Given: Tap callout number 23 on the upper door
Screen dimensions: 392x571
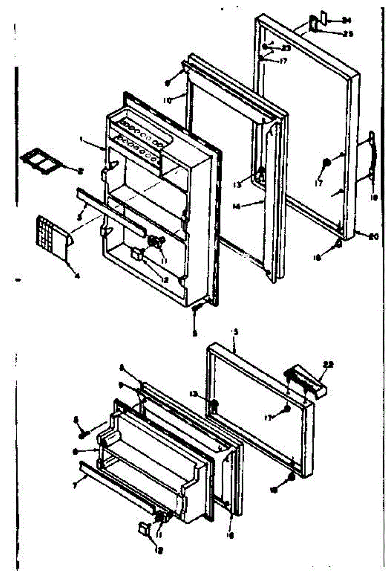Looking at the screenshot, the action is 286,48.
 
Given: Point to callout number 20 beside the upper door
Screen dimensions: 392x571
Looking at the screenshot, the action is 373,235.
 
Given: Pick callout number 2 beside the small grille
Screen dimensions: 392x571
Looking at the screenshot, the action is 81,170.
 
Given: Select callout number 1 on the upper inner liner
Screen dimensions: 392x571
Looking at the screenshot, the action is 82,140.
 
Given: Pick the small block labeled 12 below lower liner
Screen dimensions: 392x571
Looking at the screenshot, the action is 143,529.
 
